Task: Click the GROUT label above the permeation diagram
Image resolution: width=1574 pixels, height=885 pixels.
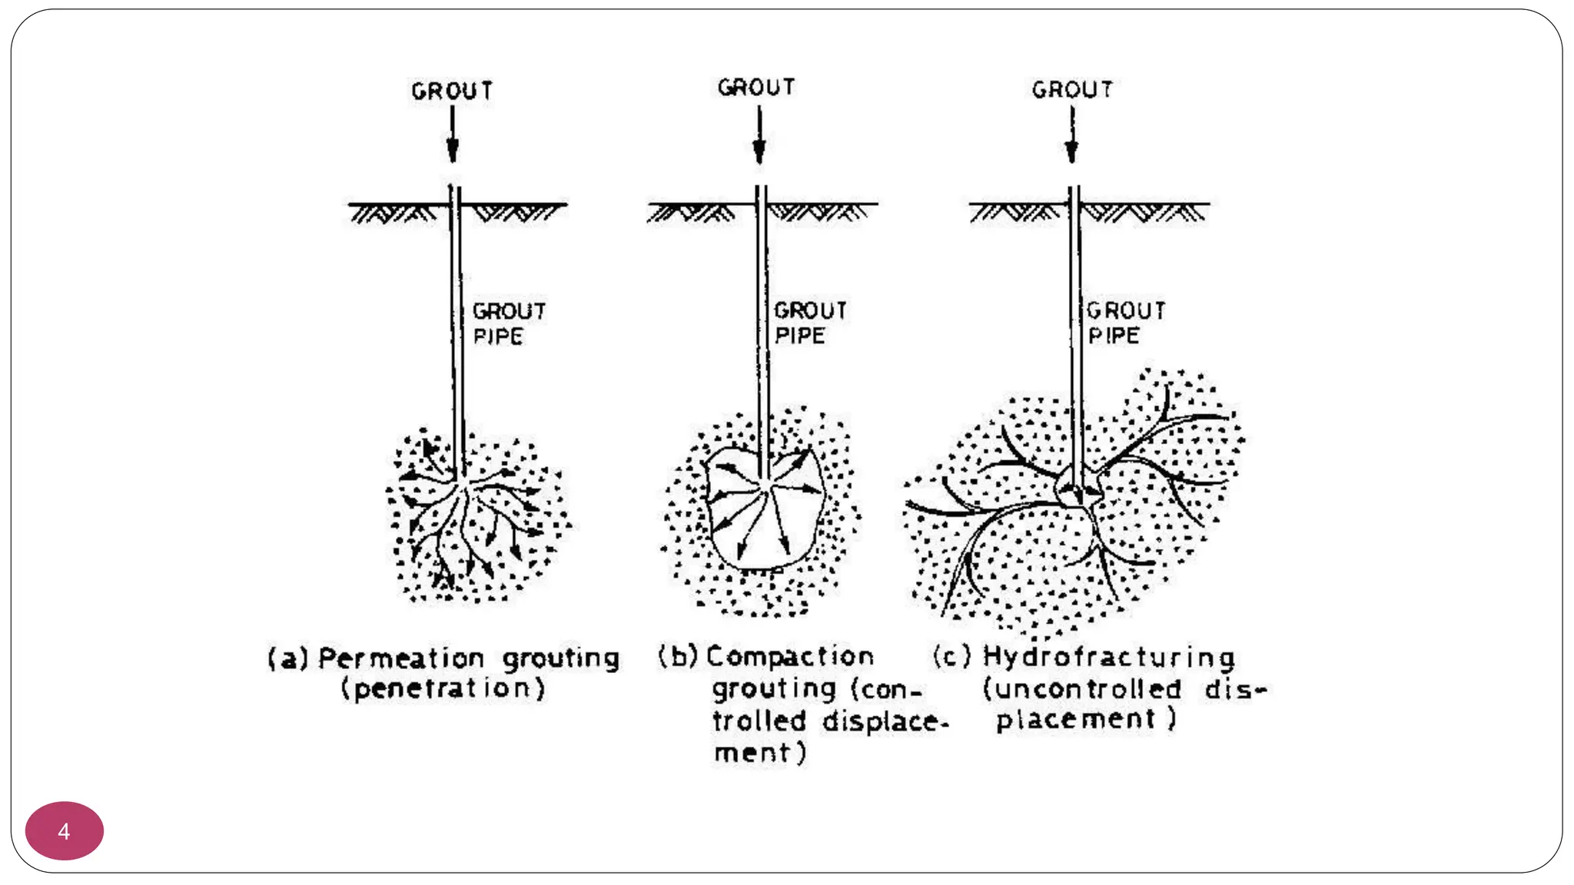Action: point(452,91)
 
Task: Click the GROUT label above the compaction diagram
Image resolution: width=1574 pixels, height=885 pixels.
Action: point(756,88)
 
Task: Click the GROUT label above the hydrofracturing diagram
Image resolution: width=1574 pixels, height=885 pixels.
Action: point(1072,90)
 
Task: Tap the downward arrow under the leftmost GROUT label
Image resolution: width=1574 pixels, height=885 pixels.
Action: point(453,134)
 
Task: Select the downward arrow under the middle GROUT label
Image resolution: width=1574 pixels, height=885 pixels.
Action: point(759,135)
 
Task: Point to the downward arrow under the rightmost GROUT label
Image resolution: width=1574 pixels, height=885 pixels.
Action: point(1072,135)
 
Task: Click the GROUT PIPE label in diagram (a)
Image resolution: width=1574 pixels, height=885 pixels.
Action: point(509,323)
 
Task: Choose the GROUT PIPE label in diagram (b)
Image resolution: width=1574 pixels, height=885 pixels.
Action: point(810,323)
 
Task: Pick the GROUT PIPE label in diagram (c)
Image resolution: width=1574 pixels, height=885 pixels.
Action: point(1126,323)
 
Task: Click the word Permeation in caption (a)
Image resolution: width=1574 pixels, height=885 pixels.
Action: point(401,658)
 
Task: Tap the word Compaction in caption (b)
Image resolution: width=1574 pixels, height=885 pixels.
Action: point(790,656)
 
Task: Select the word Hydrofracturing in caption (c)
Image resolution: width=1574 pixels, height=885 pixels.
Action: point(1109,658)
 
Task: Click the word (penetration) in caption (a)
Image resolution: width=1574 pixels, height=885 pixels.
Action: point(443,688)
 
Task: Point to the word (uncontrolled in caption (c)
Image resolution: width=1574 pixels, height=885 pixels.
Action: point(1082,688)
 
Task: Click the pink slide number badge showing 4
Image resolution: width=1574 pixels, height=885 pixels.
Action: point(65,830)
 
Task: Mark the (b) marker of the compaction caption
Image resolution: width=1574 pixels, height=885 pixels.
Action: point(678,656)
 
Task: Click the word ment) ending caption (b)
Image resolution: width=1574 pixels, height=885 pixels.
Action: point(760,753)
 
